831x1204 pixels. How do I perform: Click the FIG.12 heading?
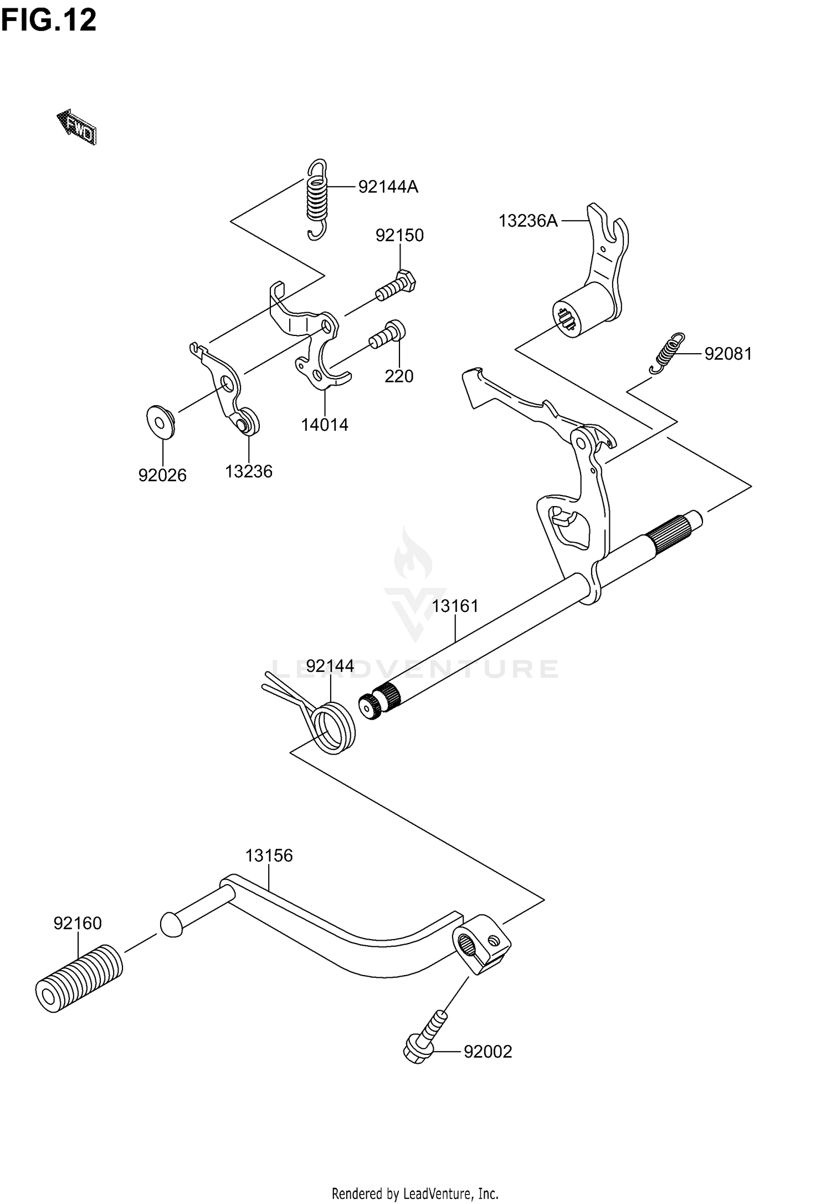click(x=49, y=21)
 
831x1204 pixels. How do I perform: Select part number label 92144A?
click(x=388, y=187)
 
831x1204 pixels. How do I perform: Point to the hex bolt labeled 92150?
click(x=397, y=285)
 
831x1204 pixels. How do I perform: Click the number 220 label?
click(x=399, y=377)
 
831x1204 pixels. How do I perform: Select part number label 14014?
click(x=325, y=425)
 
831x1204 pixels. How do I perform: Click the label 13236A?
click(x=528, y=221)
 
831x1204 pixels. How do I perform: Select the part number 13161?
click(x=455, y=606)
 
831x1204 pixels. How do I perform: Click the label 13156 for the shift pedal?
click(x=269, y=856)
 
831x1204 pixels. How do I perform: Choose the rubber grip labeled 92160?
click(x=79, y=980)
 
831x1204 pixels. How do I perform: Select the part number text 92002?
click(x=488, y=1052)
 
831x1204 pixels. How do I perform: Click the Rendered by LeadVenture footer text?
click(x=415, y=1189)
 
